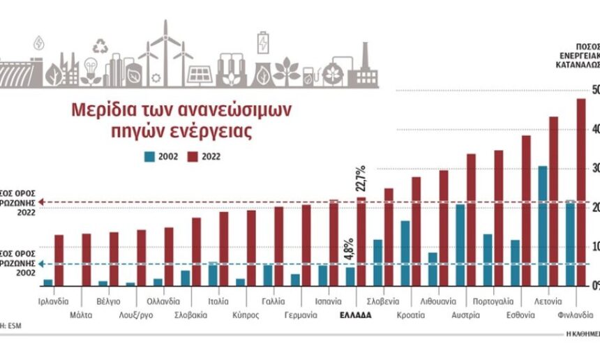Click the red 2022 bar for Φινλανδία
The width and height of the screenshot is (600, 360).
pos(580,192)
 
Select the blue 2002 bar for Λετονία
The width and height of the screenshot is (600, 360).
pos(542,225)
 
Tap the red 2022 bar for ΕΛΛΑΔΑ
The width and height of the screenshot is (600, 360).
pos(361,241)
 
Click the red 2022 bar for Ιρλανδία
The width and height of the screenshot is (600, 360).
pos(59,260)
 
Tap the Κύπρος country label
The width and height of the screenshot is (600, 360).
pos(246,315)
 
